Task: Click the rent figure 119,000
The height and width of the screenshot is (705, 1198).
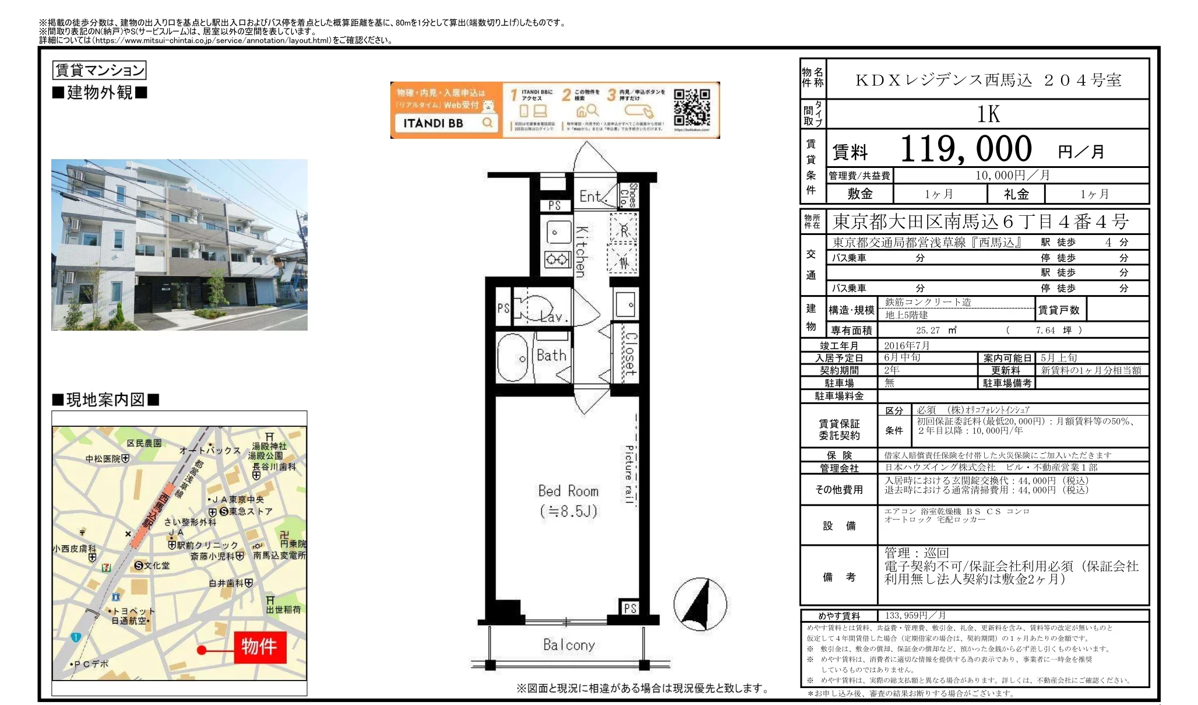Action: point(966,149)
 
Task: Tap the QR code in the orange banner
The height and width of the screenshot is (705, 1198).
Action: point(692,108)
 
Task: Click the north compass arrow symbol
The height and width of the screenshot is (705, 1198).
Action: point(700,604)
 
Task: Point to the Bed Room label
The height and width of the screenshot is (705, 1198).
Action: point(568,491)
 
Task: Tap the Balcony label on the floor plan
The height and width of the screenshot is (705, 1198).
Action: point(569,644)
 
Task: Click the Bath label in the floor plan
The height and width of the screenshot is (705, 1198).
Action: point(551,355)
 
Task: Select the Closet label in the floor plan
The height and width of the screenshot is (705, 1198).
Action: point(630,353)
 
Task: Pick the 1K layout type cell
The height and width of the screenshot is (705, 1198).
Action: point(988,114)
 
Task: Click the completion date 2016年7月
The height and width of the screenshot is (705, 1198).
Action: point(907,345)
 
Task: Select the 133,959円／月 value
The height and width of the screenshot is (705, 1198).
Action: point(915,615)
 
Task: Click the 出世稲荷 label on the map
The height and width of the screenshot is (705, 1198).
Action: point(283,609)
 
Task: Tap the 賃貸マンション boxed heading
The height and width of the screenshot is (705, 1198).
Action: point(99,71)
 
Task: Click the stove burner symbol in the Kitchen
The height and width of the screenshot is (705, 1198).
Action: point(557,259)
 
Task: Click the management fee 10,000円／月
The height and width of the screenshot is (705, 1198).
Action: point(1013,175)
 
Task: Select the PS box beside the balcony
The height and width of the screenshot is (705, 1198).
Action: point(630,608)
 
